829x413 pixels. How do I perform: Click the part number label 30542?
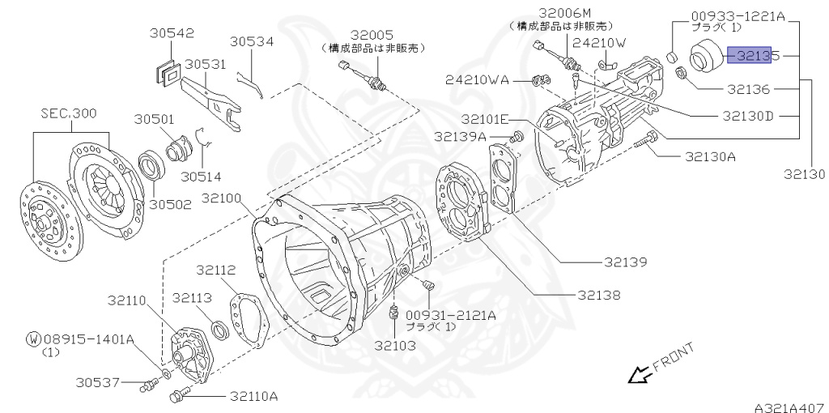point(172,33)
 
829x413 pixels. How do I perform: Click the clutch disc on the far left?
point(49,214)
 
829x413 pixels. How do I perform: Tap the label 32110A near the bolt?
point(253,396)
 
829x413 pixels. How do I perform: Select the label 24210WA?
point(477,79)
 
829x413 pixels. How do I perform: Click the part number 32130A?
point(710,157)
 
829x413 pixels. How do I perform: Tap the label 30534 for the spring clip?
point(252,41)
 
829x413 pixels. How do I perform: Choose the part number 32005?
point(372,35)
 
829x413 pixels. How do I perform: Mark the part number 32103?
point(394,345)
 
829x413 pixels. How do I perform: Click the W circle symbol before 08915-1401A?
point(33,339)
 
